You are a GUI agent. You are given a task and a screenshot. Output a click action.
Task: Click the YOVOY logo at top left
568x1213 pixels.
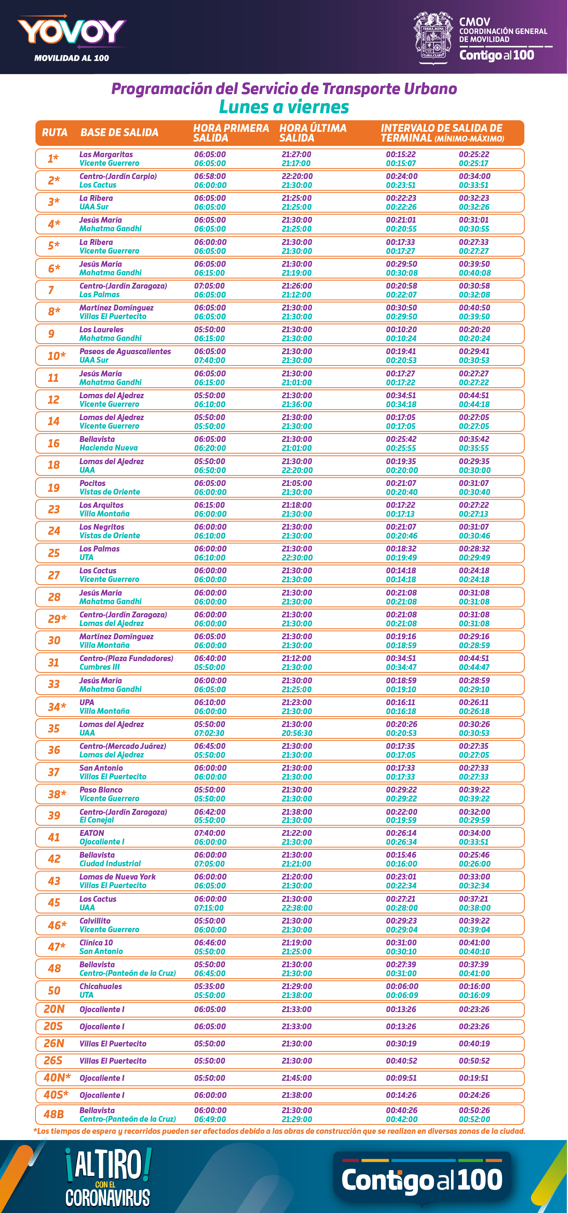coord(71,32)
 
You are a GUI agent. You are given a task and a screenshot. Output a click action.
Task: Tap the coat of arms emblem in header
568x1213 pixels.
coord(432,38)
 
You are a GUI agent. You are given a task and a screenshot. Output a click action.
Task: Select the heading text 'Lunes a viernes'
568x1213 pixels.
coord(284,107)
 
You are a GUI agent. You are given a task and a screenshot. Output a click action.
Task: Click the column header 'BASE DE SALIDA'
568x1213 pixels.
coord(119,132)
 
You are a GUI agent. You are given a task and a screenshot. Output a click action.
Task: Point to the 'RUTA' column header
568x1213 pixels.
coord(55,132)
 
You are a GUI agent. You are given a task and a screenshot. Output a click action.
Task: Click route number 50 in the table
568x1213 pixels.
coord(54,990)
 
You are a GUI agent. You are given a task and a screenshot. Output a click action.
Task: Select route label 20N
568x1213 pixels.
coord(54,1009)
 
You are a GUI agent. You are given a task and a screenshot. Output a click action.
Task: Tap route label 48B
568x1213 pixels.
coord(54,1114)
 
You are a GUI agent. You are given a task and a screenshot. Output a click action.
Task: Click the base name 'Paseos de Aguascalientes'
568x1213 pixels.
coord(125,351)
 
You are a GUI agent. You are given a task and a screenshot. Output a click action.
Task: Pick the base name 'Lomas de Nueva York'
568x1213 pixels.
coord(117,876)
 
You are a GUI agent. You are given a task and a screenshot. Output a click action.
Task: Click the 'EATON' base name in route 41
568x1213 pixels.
coord(92,833)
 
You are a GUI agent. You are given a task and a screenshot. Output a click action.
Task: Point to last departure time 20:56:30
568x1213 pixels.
coord(296,733)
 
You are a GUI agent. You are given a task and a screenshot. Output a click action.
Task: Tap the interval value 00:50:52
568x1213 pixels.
coord(474,1060)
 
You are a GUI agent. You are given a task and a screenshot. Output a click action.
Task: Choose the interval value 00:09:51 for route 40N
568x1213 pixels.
coord(401,1078)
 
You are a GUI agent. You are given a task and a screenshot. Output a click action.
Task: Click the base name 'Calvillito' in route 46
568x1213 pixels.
coord(95,920)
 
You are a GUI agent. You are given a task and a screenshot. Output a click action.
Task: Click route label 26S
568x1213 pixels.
coord(53,1060)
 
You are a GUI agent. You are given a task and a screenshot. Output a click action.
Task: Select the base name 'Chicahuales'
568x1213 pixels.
coord(101,986)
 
